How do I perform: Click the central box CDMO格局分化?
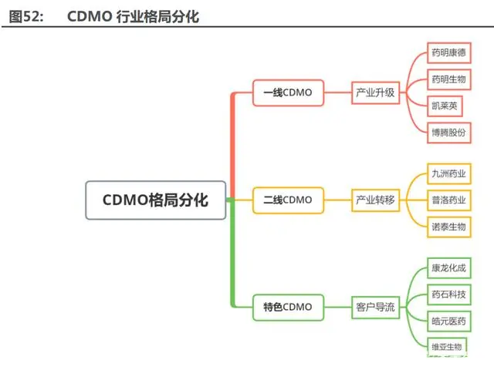156,200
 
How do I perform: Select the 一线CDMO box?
288,92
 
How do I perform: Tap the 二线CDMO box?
288,200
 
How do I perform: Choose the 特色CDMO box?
288,308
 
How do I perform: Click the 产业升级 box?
375,92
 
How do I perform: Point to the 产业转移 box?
375,200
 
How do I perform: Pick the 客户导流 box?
375,308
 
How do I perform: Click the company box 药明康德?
449,52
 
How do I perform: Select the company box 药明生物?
449,79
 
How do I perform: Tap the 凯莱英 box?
445,106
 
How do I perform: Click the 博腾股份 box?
449,133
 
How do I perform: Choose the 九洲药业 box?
449,173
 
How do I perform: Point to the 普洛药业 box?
449,200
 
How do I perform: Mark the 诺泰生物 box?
449,227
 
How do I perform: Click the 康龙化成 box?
449,268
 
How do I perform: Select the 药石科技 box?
449,294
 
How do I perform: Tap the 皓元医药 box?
449,321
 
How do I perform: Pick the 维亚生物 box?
447,348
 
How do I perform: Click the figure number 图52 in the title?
25,16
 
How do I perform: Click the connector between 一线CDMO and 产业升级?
338,92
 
